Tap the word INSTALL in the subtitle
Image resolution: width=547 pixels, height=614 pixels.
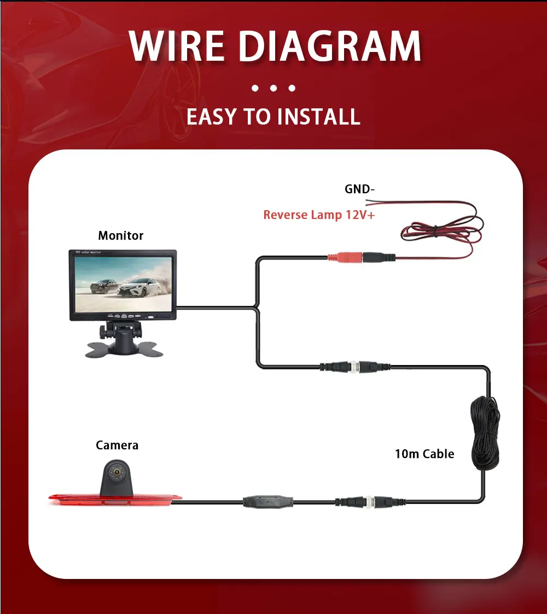318,117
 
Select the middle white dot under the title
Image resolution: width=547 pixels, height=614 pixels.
273,88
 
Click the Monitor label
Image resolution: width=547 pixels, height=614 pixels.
120,236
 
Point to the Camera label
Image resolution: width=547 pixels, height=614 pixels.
117,445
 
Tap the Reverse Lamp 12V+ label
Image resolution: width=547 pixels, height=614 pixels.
319,215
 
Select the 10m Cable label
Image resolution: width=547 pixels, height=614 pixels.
424,454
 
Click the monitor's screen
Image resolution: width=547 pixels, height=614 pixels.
123,283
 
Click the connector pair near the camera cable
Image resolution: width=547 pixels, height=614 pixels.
362,500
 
